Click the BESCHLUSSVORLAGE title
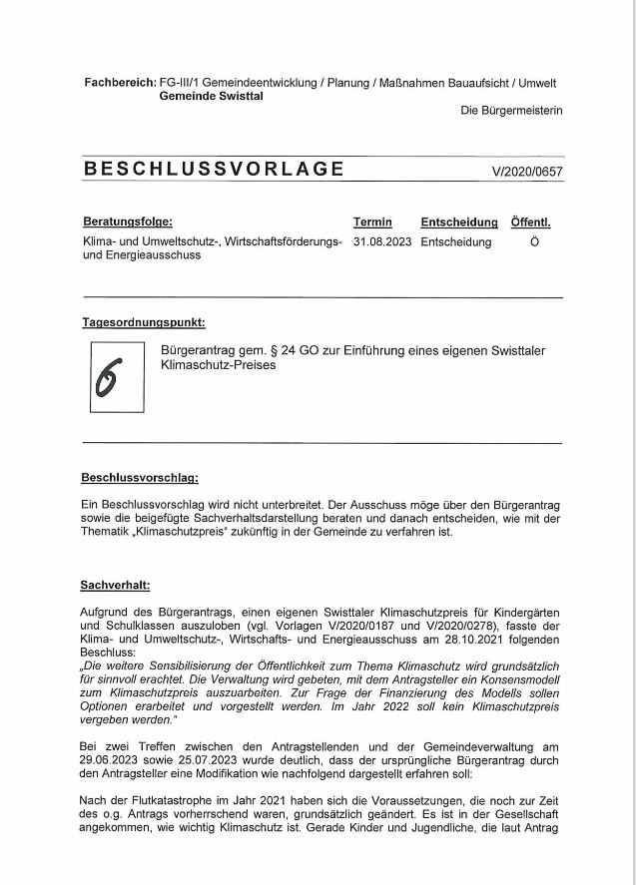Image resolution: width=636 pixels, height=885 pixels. [x=215, y=169]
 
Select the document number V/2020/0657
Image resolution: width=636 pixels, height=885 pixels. [x=526, y=172]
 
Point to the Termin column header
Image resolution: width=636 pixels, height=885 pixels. [x=372, y=221]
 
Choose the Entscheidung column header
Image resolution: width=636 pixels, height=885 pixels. [x=459, y=221]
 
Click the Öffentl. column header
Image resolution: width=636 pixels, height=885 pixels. [x=530, y=221]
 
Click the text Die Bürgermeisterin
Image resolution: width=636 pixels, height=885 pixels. [x=510, y=111]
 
